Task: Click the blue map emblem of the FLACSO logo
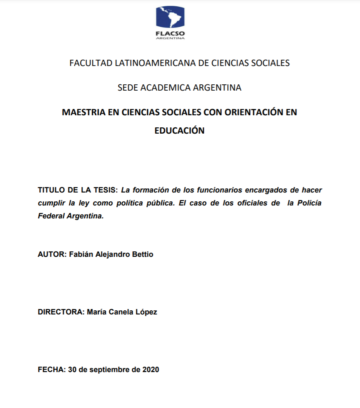click(x=170, y=18)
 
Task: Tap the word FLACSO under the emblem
click(x=170, y=33)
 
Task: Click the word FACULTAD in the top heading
click(x=91, y=63)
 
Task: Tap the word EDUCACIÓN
click(x=179, y=130)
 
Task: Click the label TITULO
click(x=52, y=190)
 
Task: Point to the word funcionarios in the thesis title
click(x=217, y=190)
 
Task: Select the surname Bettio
click(x=142, y=254)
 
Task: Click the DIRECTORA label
click(x=61, y=312)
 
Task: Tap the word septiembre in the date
click(x=109, y=370)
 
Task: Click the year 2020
click(x=151, y=370)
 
